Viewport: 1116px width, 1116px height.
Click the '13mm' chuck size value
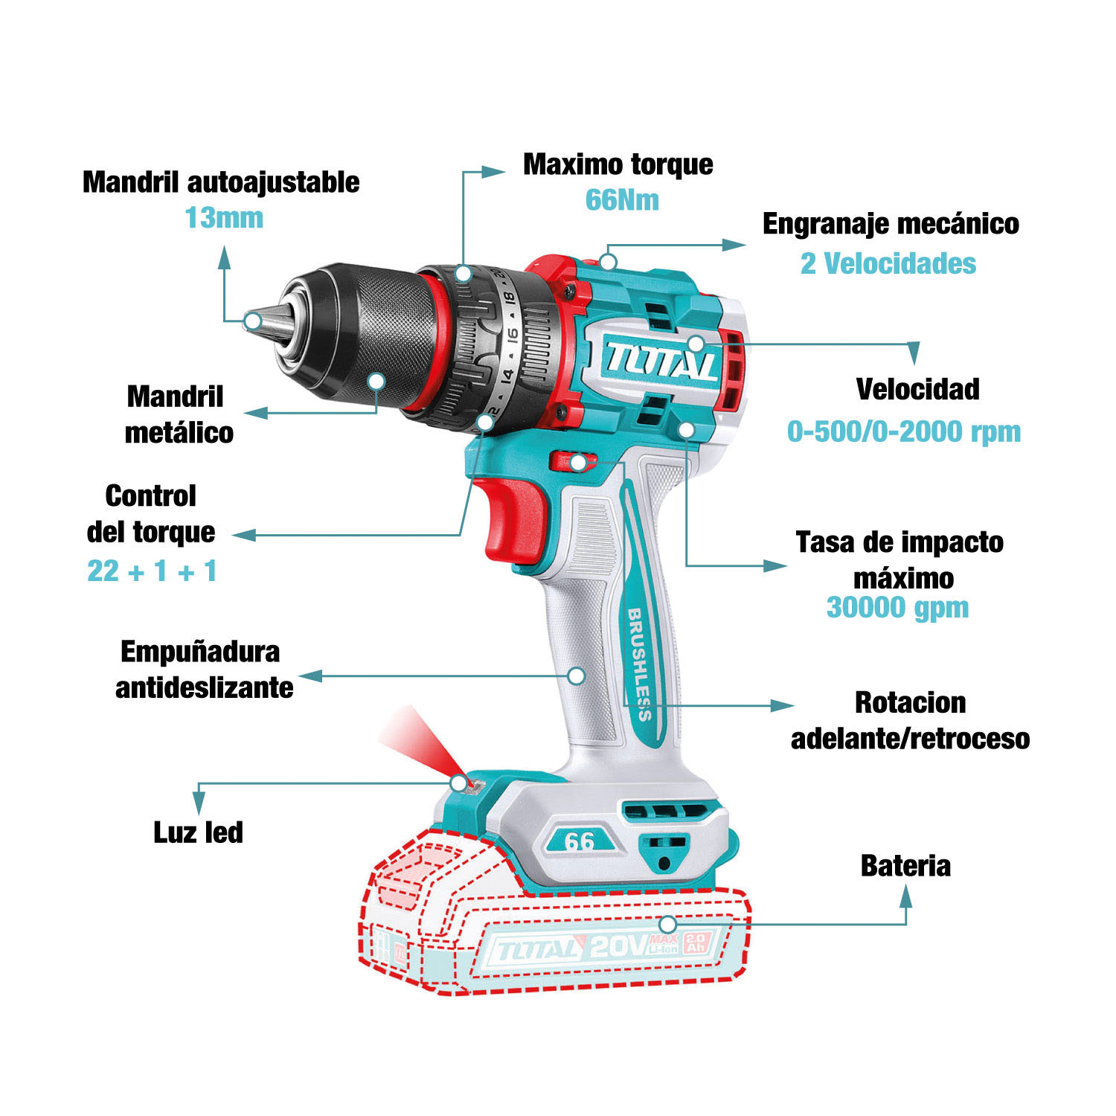pyautogui.click(x=224, y=218)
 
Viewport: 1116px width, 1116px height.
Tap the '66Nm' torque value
pyautogui.click(x=622, y=200)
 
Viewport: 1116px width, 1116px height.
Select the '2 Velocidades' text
pyautogui.click(x=888, y=263)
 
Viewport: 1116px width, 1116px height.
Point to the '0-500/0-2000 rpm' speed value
pyautogui.click(x=904, y=432)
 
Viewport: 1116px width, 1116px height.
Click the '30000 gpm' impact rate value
pyautogui.click(x=898, y=607)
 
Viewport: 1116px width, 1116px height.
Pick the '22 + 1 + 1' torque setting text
pyautogui.click(x=152, y=571)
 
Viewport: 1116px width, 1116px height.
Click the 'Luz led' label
pyautogui.click(x=198, y=833)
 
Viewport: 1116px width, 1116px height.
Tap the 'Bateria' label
pyautogui.click(x=905, y=866)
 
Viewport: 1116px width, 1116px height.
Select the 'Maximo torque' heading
pyautogui.click(x=618, y=164)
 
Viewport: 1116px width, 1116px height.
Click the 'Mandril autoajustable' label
pyautogui.click(x=221, y=182)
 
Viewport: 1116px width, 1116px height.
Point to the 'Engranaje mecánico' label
pyautogui.click(x=891, y=224)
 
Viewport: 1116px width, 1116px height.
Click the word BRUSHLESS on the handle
pyautogui.click(x=640, y=664)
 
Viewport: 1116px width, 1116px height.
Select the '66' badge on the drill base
pyautogui.click(x=580, y=841)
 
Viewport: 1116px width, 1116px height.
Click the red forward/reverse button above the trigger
pyautogui.click(x=573, y=462)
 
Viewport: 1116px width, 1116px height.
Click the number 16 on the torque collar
pyautogui.click(x=512, y=336)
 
